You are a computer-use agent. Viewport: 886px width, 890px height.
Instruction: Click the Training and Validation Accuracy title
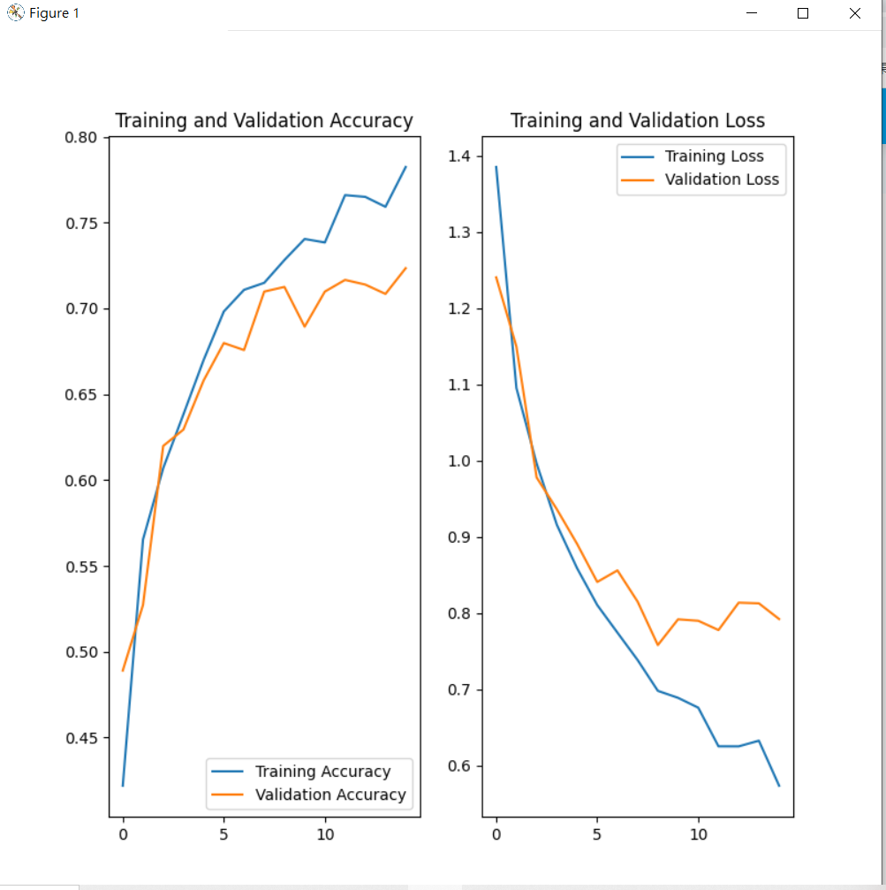coord(264,121)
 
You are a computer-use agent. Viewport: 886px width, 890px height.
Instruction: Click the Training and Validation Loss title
coord(638,121)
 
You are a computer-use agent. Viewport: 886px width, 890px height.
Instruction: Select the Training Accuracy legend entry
coord(322,772)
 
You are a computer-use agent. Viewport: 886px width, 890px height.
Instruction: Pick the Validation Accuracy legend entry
coord(330,795)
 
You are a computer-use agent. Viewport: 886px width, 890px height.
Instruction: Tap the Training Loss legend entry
coord(714,156)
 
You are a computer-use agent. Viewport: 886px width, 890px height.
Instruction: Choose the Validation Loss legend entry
coord(722,179)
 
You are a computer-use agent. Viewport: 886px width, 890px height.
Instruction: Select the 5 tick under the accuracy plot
coord(223,833)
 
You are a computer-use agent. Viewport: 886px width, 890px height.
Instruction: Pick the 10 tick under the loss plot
coord(698,833)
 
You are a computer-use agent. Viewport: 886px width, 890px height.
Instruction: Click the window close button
coord(854,13)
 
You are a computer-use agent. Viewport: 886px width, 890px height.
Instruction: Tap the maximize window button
coord(803,13)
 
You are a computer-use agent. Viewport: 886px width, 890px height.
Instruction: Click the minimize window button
coord(752,13)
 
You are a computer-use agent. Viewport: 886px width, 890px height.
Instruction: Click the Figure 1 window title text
coord(54,13)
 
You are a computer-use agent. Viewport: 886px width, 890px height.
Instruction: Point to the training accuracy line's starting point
coord(123,785)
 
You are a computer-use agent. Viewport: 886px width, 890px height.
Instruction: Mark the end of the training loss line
coord(779,785)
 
